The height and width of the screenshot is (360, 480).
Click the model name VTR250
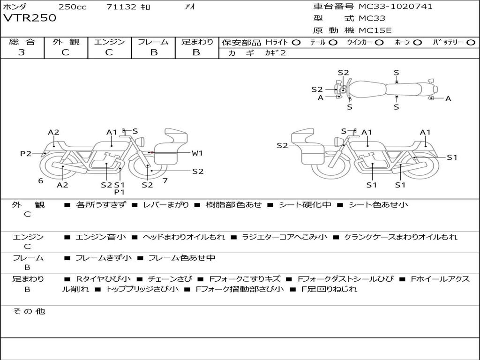click(30, 18)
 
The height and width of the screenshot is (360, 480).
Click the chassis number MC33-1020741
click(396, 7)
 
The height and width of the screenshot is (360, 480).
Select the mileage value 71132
click(121, 7)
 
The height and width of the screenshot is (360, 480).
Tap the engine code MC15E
click(375, 31)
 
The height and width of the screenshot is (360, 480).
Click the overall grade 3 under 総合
click(22, 52)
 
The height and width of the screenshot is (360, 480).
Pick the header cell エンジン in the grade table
click(109, 42)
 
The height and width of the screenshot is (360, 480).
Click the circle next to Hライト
click(296, 42)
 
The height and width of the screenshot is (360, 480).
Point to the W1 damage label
click(197, 153)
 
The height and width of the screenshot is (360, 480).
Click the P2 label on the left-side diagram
click(25, 153)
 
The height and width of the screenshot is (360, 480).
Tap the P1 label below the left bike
click(120, 192)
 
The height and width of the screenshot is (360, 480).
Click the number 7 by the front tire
click(165, 180)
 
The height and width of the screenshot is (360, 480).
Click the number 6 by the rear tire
click(41, 180)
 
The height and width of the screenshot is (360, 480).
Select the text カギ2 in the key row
click(275, 53)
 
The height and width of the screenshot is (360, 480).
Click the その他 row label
click(29, 311)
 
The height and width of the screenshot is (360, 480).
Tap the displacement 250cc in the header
click(72, 7)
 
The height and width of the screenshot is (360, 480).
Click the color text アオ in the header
click(190, 7)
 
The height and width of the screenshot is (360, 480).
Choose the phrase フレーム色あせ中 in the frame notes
click(182, 258)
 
